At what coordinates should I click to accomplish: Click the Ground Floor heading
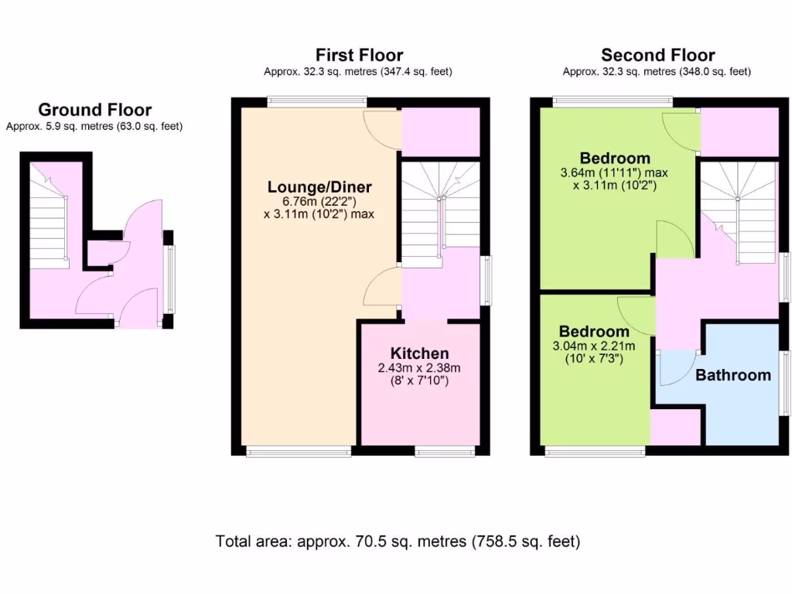94,110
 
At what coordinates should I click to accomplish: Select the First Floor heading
359,55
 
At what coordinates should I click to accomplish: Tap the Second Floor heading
657,55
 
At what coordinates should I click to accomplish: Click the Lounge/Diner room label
319,187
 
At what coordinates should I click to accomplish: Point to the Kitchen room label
419,353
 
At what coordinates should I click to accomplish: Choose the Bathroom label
732,375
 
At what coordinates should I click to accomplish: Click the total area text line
398,541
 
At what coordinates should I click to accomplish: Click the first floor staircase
440,209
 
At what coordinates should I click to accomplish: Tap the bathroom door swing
678,368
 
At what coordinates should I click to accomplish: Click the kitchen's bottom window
445,451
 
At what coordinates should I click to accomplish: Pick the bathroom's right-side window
783,385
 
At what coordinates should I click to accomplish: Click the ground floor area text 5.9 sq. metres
94,126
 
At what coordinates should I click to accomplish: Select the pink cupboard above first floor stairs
440,131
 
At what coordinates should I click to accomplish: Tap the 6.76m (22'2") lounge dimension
319,201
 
